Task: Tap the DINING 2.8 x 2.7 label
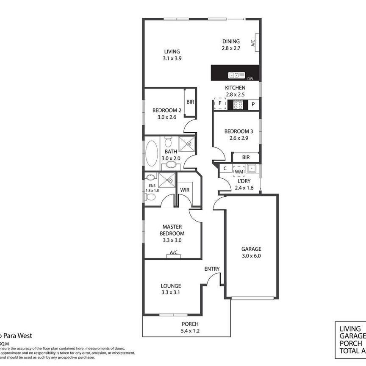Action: [x=231, y=45]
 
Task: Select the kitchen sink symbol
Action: [x=237, y=75]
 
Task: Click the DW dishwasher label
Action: [x=250, y=78]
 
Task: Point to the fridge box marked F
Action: [x=220, y=104]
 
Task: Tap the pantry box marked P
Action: [x=253, y=104]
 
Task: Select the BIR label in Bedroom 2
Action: [x=190, y=102]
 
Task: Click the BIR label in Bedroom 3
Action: [x=246, y=157]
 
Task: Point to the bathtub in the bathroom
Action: [x=152, y=153]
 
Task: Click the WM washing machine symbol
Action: [x=239, y=172]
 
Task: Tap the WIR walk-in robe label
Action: [x=184, y=190]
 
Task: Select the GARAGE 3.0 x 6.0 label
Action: [x=252, y=252]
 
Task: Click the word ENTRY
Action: [x=212, y=269]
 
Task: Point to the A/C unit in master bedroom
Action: [x=173, y=253]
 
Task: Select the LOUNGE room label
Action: [x=171, y=289]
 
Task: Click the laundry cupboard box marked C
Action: [x=225, y=169]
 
